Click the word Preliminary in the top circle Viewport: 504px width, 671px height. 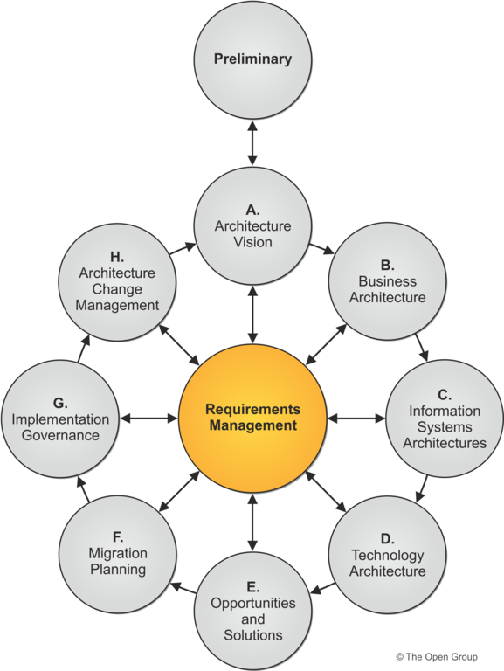coord(252,59)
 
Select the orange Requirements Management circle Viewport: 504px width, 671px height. coord(252,419)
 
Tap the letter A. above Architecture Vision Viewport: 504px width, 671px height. coord(252,210)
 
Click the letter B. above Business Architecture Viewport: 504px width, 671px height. coord(388,266)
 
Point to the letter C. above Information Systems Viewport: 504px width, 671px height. coord(445,395)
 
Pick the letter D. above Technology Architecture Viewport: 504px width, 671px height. coord(388,538)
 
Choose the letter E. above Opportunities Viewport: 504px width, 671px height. coord(252,587)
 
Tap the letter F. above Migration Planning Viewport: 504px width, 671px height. coord(118,536)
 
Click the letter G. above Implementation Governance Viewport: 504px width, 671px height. coord(60,403)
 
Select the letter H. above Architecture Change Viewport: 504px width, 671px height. coord(117,257)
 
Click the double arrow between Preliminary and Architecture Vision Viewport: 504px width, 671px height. coord(252,143)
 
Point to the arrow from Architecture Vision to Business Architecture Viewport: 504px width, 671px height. coord(321,249)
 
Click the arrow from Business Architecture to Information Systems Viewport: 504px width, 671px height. coord(422,348)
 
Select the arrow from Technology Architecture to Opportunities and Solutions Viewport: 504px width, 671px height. coord(322,588)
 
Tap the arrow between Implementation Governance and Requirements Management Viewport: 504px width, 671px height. coord(148,419)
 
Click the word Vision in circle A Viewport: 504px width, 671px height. coord(252,242)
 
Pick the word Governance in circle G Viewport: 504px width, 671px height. coord(60,435)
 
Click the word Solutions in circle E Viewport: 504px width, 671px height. coord(252,635)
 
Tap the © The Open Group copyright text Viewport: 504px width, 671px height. coord(437,656)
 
